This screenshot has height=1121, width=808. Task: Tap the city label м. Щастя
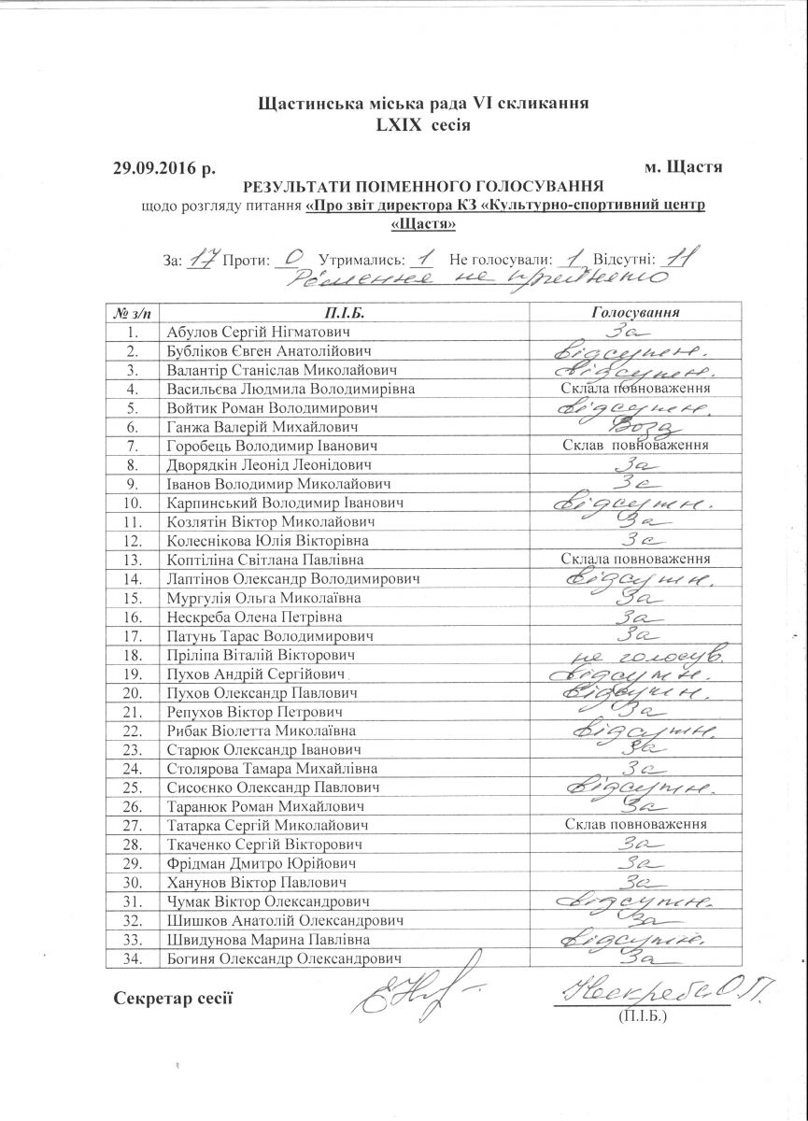[684, 168]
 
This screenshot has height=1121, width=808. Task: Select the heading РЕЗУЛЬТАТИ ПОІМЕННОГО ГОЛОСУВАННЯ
[423, 186]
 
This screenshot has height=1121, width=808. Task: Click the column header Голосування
[635, 312]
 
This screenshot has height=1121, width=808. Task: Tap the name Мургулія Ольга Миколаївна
[248, 598]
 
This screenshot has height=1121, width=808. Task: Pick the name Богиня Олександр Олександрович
[285, 959]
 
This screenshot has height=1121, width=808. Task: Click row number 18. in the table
[132, 656]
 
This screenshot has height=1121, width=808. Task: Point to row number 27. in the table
[132, 826]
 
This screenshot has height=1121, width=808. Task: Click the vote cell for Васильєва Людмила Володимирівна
[635, 389]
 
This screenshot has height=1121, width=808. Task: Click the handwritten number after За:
[198, 257]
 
